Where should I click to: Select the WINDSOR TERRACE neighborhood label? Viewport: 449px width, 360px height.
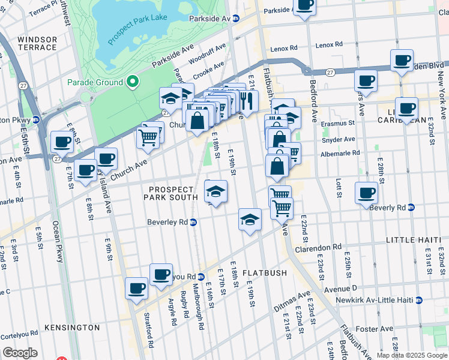tap(37, 44)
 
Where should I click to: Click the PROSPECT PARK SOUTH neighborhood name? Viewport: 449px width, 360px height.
tap(173, 193)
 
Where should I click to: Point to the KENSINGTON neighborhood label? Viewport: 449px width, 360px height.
tap(72, 328)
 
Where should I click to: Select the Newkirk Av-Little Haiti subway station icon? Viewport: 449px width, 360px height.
tap(418, 300)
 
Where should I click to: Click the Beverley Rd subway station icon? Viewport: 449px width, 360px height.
tap(193, 222)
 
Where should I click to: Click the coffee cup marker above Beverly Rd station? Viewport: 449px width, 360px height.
tap(367, 193)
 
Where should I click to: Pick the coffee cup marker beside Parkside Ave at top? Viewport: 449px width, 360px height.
tap(305, 5)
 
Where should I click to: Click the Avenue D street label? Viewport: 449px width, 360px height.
tap(340, 289)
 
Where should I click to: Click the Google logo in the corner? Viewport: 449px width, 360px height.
tap(20, 353)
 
